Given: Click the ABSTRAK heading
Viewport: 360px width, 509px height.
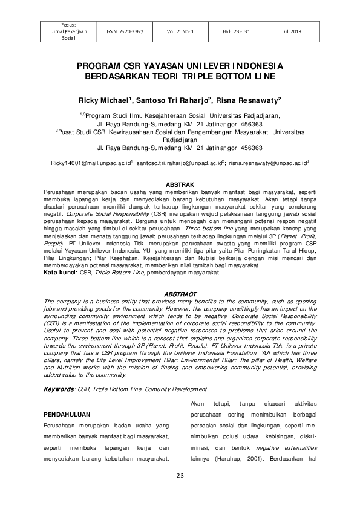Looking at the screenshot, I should tap(180, 184).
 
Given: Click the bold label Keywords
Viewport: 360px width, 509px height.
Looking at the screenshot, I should tap(59, 389).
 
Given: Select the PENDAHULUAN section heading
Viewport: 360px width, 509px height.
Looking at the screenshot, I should tap(68, 415).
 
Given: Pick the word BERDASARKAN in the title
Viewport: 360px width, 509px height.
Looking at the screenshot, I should tap(126, 77).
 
